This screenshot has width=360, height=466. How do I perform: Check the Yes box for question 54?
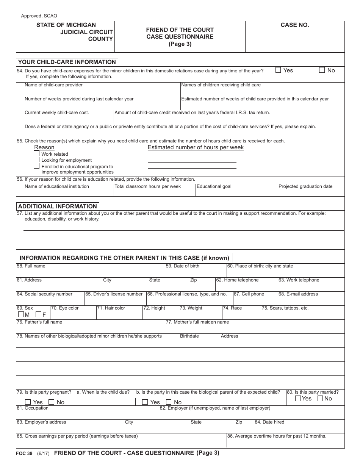pos(278,70)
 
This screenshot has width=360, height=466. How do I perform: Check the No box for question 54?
pos(322,70)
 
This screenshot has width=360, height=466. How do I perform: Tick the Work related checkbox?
pos(37,153)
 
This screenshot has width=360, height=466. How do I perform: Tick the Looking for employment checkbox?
pos(37,160)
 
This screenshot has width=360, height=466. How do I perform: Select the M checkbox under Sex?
pos(21,314)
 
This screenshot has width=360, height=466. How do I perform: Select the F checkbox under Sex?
pos(38,314)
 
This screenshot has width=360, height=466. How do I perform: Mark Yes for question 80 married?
pos(298,398)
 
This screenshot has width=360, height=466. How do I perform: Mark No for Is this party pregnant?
pos(52,402)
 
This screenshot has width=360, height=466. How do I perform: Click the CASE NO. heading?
pos(295,25)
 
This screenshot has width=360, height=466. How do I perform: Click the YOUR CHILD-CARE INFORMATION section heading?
pos(67,62)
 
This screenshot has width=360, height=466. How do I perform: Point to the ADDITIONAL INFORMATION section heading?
pos(58,206)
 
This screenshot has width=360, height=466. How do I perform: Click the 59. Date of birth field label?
pos(183,266)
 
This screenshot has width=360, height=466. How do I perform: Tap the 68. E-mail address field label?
pos(298,294)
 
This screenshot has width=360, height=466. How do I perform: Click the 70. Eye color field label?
pos(65,308)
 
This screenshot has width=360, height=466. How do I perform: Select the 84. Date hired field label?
pos(269,422)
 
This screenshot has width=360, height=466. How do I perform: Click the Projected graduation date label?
pos(305,186)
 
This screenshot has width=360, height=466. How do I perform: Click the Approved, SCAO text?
pos(39,16)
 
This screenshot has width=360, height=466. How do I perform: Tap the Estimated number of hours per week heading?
pos(196,147)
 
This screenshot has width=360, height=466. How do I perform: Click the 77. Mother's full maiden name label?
pos(197,322)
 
